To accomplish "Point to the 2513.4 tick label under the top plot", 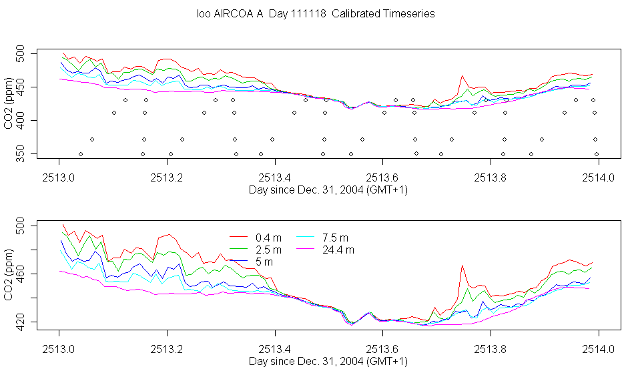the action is tap(275, 177).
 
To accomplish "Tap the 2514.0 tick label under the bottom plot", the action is tap(599, 349).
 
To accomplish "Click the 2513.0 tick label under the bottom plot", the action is tap(59, 349).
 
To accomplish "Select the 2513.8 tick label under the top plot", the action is tap(491, 177).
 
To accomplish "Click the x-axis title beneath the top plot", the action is tap(328, 190).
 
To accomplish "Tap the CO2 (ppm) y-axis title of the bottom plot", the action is tap(9, 275).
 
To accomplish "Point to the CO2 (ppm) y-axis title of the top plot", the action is tap(9, 103).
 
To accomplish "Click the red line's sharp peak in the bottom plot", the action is tap(462, 266).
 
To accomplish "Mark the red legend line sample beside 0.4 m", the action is tap(238, 238).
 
